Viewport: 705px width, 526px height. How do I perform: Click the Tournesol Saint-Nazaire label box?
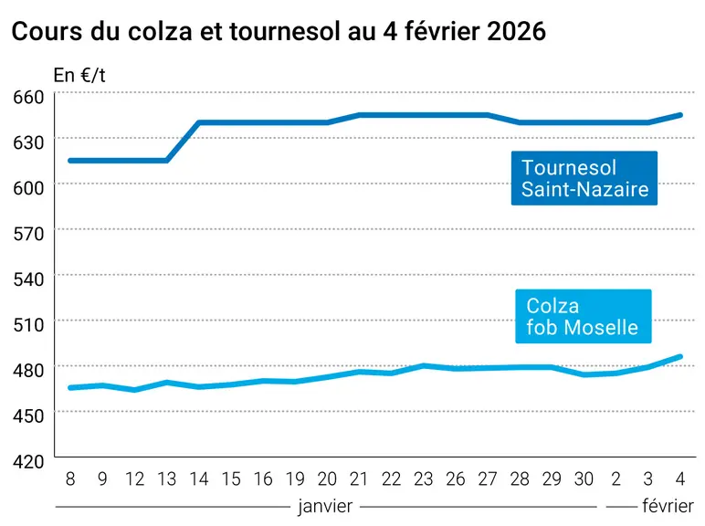(x=584, y=178)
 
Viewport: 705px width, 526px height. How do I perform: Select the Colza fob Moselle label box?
(x=584, y=316)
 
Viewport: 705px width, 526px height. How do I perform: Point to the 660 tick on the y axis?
(x=29, y=97)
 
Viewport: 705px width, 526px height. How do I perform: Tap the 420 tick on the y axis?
(x=29, y=462)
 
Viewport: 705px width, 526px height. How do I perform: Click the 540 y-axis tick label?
(x=29, y=279)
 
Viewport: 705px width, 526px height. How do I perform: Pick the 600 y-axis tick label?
(x=29, y=188)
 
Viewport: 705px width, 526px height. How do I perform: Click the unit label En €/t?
(x=79, y=75)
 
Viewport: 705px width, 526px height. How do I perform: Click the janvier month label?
(x=325, y=506)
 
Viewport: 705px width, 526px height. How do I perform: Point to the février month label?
(x=668, y=506)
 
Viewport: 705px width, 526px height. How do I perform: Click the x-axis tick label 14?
(x=199, y=479)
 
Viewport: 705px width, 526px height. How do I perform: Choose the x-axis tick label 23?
(x=423, y=479)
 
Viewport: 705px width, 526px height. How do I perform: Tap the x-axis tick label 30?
(x=584, y=479)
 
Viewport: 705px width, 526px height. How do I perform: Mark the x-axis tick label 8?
(x=70, y=479)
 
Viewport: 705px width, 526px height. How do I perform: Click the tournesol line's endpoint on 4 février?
(x=679, y=115)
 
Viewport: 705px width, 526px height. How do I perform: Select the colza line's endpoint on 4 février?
(x=679, y=356)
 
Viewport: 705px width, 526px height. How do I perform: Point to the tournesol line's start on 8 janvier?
(x=70, y=161)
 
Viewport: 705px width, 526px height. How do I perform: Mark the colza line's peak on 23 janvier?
(x=423, y=365)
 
